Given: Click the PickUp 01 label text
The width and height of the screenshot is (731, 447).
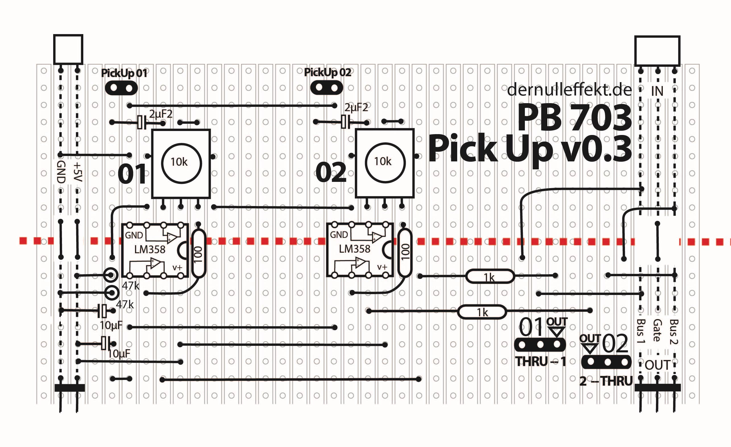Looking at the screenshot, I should (124, 73).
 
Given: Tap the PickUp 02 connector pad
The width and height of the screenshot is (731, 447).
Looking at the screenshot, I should (326, 88).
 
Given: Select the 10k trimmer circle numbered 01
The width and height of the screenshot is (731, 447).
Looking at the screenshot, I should (181, 163).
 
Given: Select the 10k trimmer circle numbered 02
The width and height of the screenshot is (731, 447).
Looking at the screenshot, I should (385, 163).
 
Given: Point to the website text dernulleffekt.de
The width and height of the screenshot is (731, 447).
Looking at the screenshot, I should (569, 90).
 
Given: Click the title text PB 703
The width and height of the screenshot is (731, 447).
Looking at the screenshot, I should (574, 118).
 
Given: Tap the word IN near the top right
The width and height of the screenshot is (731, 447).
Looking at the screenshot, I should (657, 91).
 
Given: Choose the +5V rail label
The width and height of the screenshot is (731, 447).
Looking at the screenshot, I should (77, 172).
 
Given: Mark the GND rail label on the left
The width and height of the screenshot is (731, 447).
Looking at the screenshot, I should (61, 172).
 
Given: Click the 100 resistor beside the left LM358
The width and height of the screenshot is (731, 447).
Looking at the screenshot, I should (198, 254).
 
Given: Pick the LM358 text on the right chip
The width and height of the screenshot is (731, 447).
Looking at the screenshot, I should (355, 249).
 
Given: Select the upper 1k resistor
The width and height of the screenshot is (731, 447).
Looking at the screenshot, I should (490, 276).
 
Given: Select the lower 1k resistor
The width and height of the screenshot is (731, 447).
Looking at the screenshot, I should (482, 312).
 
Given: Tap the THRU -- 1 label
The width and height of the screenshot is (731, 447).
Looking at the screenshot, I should (540, 361).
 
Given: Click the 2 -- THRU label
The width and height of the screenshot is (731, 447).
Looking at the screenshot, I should (606, 381).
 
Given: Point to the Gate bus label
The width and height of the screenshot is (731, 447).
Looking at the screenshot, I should (657, 330).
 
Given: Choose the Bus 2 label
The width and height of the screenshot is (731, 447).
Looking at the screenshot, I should (674, 331).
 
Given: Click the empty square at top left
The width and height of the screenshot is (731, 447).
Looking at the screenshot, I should (68, 49).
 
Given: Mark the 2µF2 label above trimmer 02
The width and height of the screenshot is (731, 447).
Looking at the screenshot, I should (356, 107).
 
